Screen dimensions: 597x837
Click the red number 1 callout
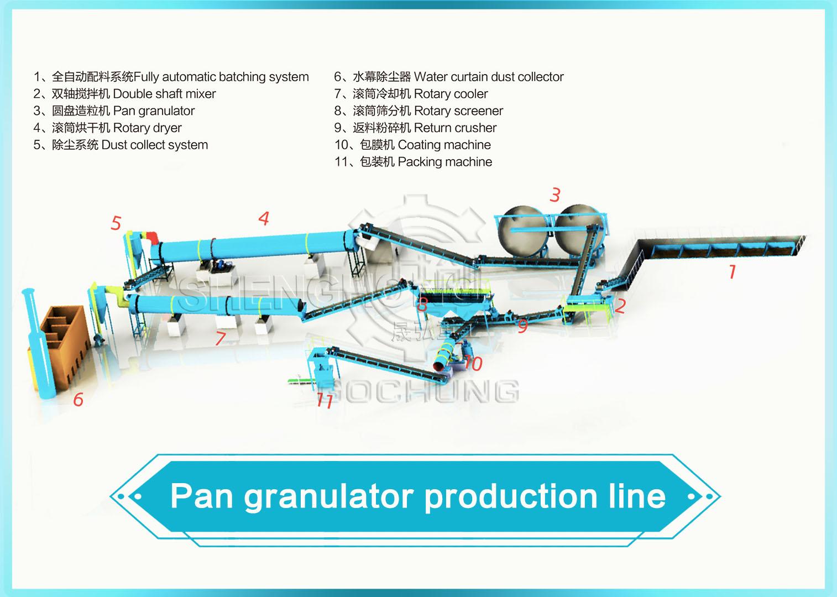(733, 271)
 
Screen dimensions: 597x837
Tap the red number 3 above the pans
(555, 195)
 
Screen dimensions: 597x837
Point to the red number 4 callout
(264, 218)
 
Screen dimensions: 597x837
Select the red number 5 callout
(116, 223)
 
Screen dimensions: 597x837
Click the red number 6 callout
(78, 399)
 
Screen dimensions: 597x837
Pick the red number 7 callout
(221, 338)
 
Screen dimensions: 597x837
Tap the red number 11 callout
(325, 400)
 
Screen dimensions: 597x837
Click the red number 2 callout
(620, 306)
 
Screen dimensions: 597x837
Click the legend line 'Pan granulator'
(114, 111)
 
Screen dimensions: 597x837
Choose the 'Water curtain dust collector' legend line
(448, 77)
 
